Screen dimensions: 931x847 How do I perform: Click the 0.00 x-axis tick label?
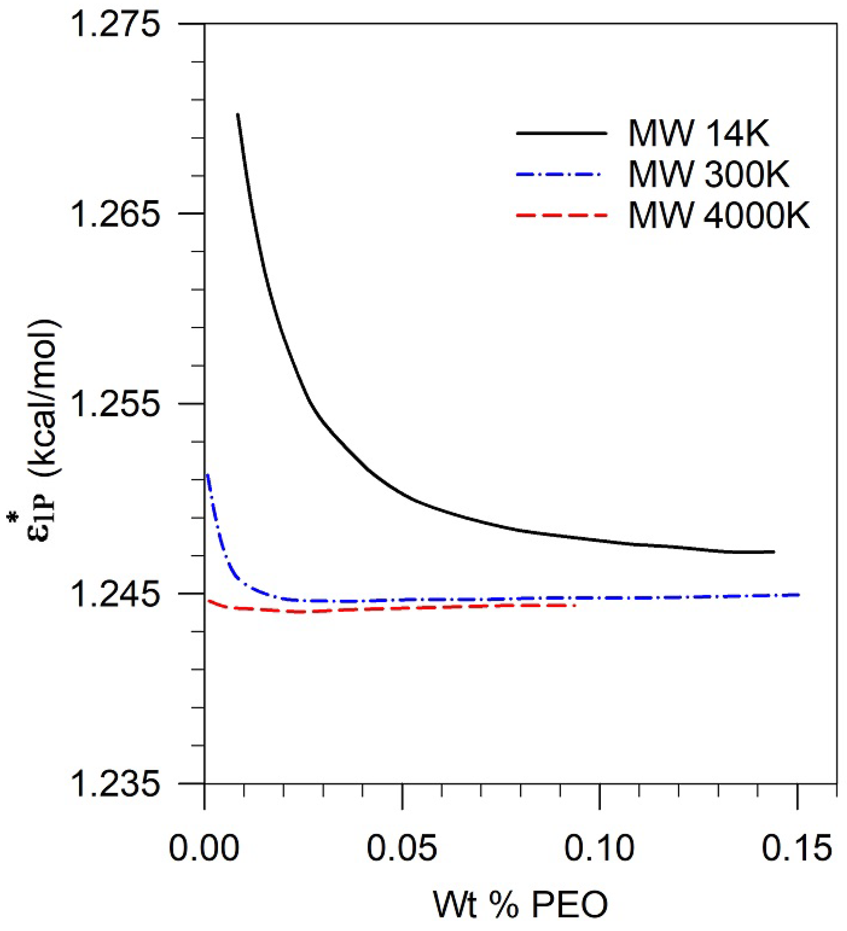point(204,848)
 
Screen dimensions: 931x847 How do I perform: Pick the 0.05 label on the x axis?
point(402,848)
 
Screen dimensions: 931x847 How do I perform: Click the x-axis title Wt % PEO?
point(520,905)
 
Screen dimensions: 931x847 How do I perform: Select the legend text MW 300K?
point(709,175)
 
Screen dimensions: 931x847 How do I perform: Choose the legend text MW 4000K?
point(719,215)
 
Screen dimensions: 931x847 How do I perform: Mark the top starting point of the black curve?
point(237,114)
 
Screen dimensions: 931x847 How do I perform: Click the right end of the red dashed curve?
point(575,605)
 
